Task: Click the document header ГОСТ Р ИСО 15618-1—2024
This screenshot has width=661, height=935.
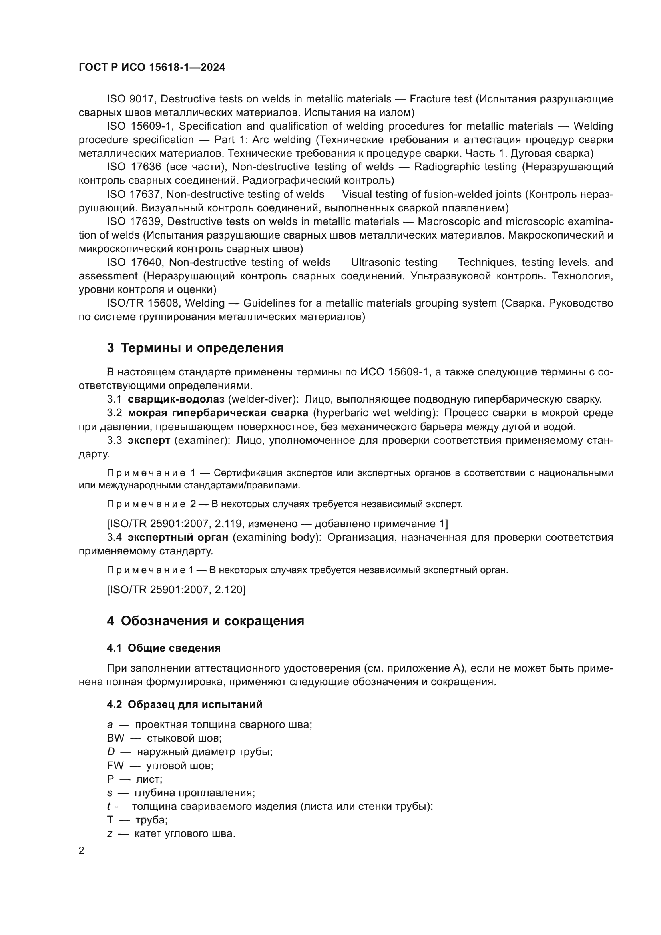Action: click(x=152, y=68)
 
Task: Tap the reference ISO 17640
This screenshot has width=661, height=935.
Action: click(x=134, y=262)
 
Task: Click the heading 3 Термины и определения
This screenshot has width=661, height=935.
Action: click(x=195, y=348)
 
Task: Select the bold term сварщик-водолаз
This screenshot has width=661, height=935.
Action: click(x=176, y=399)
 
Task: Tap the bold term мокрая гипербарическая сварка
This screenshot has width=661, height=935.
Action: click(x=218, y=413)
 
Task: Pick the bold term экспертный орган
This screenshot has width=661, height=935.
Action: click(x=178, y=537)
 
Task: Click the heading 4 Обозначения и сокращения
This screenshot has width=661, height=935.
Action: click(x=205, y=621)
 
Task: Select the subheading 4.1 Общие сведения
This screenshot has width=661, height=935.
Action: click(x=163, y=648)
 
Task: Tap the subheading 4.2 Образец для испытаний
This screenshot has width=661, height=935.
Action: click(x=184, y=704)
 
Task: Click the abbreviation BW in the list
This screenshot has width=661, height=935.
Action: click(x=115, y=738)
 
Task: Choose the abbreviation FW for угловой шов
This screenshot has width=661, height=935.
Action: click(x=115, y=765)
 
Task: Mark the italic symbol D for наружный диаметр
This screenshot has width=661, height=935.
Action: click(x=111, y=752)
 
